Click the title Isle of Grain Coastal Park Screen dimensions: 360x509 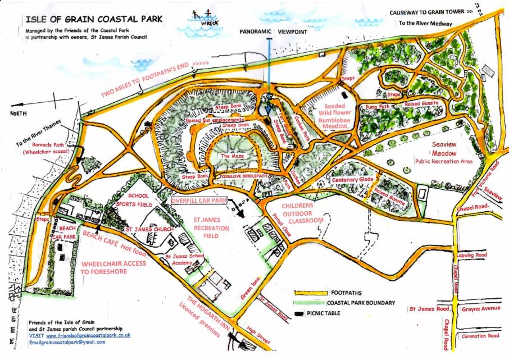[x=94, y=19]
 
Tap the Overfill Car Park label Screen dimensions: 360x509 [x=199, y=200]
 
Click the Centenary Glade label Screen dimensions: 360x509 [x=352, y=180]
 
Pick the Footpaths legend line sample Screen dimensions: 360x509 [x=311, y=293]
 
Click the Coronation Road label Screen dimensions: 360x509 [x=479, y=335]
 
